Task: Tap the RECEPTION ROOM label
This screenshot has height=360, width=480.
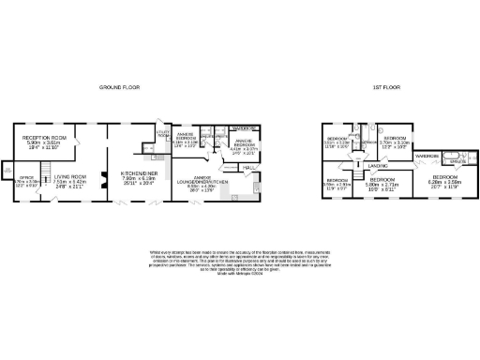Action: pyautogui.click(x=43, y=137)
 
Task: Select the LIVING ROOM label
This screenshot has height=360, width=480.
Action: pyautogui.click(x=69, y=175)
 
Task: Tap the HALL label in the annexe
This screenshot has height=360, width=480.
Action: pyautogui.click(x=249, y=168)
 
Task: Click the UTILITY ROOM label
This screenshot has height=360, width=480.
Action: pyautogui.click(x=161, y=134)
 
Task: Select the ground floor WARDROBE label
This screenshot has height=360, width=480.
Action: pyautogui.click(x=245, y=127)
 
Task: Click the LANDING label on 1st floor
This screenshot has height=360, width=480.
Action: pyautogui.click(x=378, y=167)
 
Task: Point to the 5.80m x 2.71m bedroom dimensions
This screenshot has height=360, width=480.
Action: pyautogui.click(x=382, y=184)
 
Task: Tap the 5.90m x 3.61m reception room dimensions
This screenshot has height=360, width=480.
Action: pyautogui.click(x=43, y=143)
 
